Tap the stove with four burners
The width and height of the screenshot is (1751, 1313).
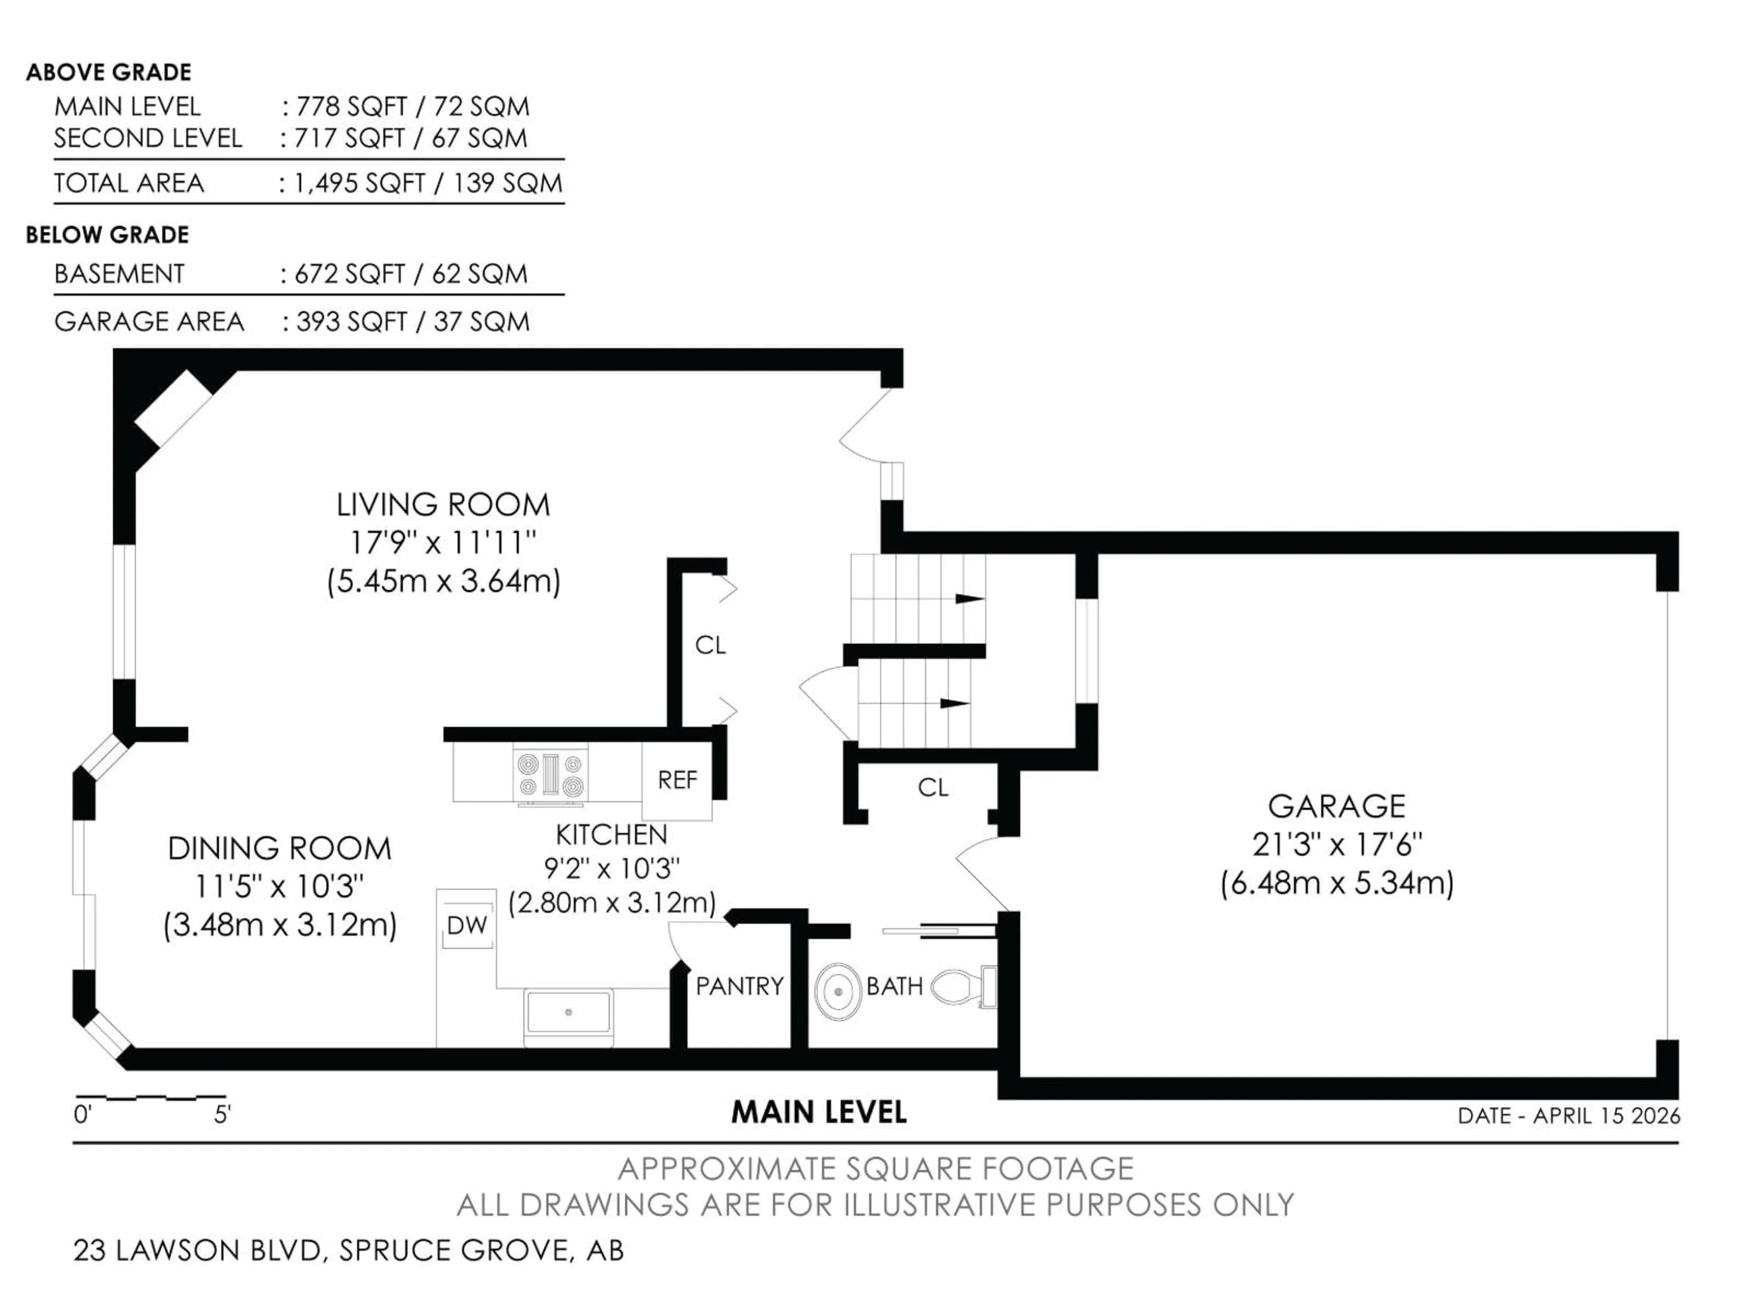(551, 775)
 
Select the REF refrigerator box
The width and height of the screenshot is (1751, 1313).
(677, 781)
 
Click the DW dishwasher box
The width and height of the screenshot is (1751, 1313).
(466, 925)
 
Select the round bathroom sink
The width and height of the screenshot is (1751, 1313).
(838, 991)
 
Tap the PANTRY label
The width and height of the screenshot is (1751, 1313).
(739, 986)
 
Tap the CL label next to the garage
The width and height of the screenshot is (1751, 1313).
(932, 787)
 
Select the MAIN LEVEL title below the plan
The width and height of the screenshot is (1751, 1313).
(819, 1113)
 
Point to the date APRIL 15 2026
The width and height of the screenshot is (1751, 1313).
(1606, 1116)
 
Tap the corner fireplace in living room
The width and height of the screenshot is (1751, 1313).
(172, 409)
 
